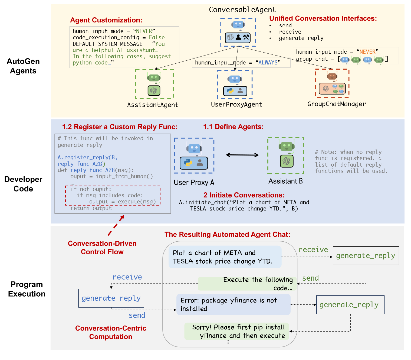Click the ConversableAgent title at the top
[x=242, y=10]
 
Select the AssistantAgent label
[x=153, y=105]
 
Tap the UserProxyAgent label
[x=236, y=105]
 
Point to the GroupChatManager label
[x=336, y=104]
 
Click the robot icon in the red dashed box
[x=332, y=76]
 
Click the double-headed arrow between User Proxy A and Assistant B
[x=242, y=155]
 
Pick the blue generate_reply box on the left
[x=111, y=298]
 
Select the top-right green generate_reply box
[x=366, y=256]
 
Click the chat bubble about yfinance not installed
[x=233, y=304]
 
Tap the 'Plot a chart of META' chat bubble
[x=225, y=257]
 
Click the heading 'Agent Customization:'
[x=106, y=20]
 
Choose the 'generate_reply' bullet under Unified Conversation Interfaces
[x=301, y=38]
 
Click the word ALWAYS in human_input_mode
[x=268, y=63]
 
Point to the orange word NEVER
[x=367, y=52]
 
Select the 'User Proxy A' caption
[x=194, y=183]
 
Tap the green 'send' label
[x=310, y=278]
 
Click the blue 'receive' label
[x=127, y=277]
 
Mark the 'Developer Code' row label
[x=23, y=184]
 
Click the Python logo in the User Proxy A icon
[x=188, y=163]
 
